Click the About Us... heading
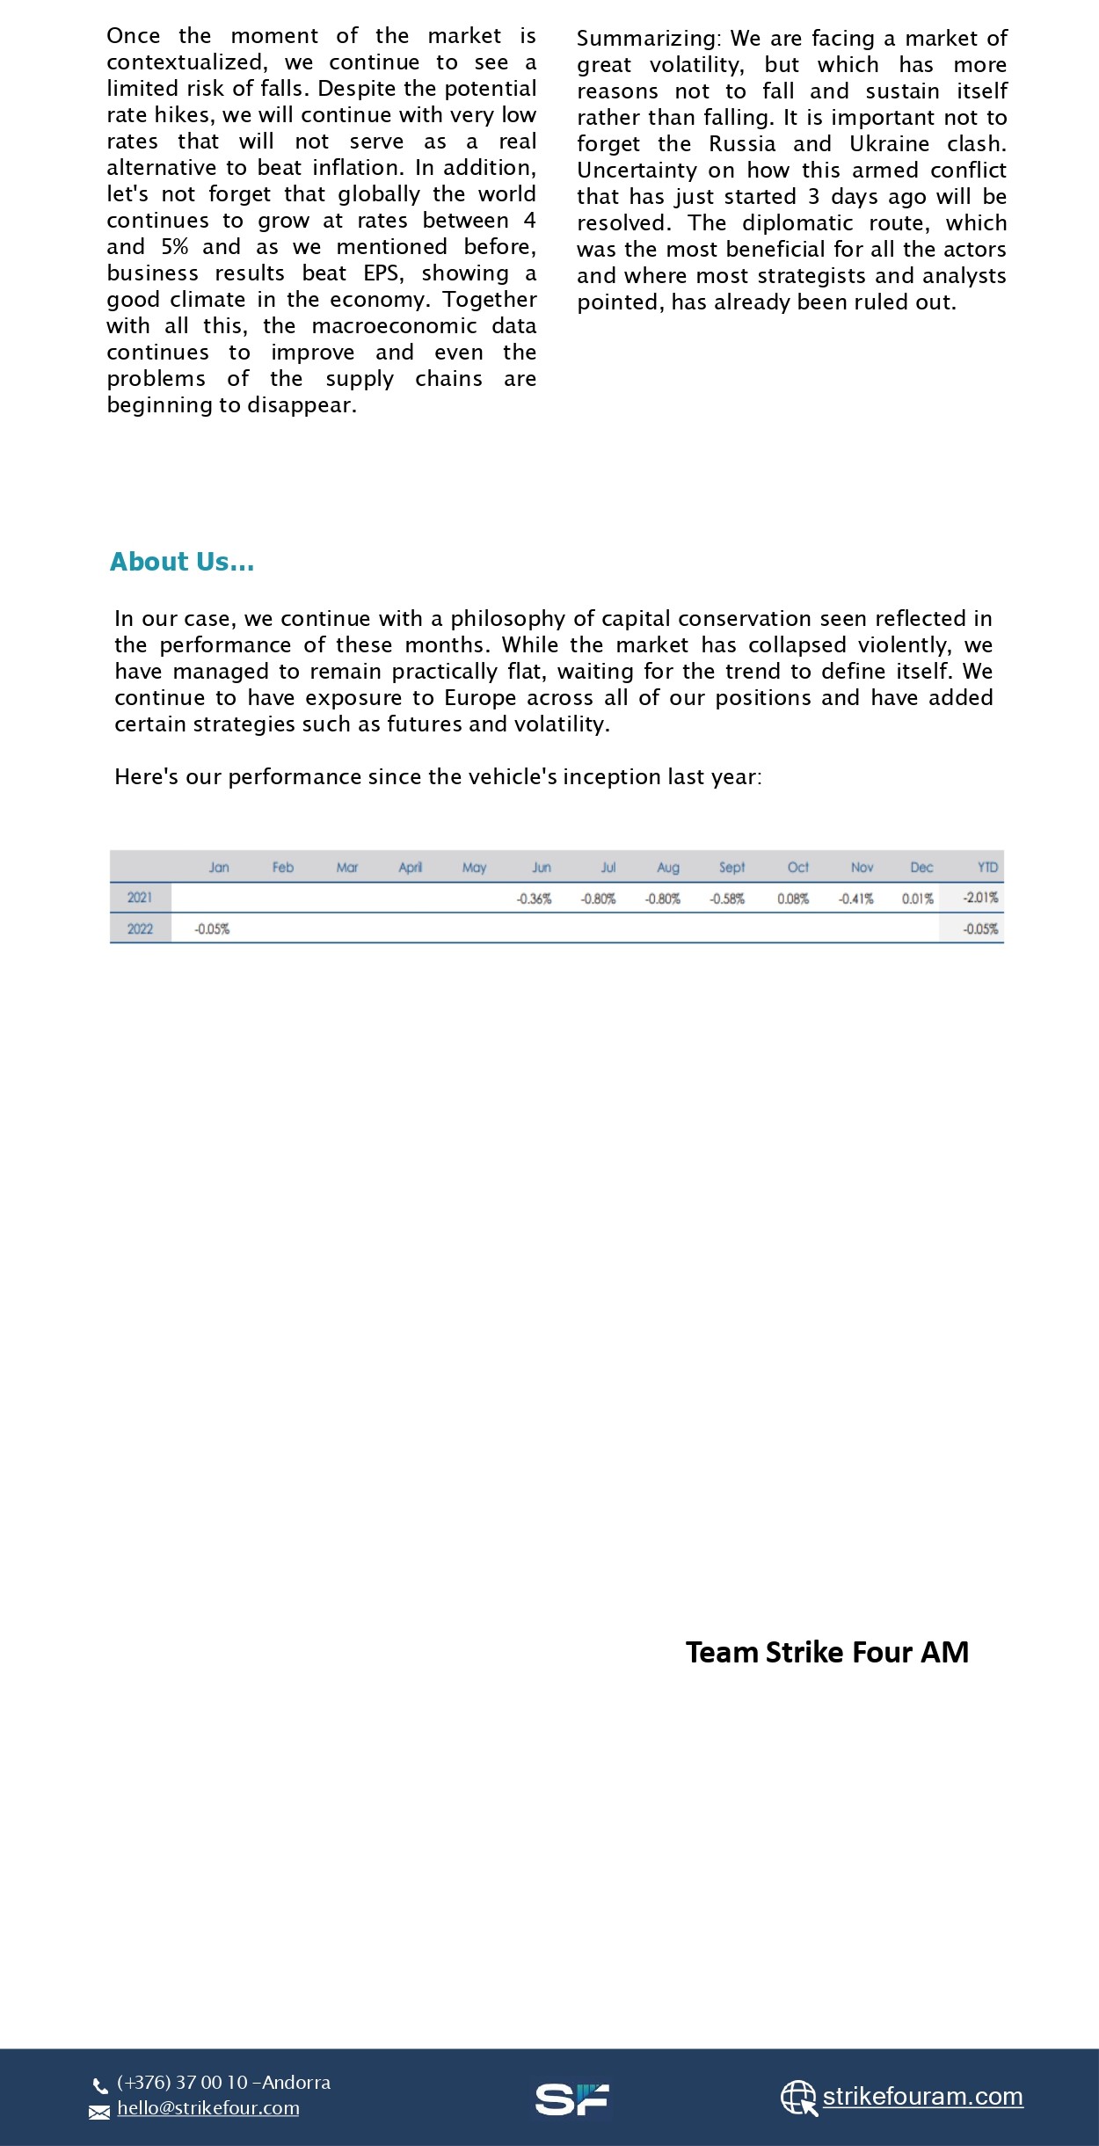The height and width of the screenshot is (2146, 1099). (182, 562)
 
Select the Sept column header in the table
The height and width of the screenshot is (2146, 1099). (731, 868)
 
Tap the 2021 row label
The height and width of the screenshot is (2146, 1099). (140, 898)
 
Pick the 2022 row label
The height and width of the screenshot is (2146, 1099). (140, 928)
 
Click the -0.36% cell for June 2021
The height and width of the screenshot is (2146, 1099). (534, 898)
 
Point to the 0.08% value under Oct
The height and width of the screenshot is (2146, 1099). (792, 898)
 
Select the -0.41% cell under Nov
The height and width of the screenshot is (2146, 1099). (855, 898)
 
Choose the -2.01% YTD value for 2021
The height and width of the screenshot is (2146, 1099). (980, 898)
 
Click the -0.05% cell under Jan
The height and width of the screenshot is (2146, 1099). (212, 929)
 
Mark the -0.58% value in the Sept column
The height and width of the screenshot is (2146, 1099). (727, 898)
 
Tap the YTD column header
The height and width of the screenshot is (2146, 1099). (987, 868)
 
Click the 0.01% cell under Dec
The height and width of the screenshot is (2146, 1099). (917, 898)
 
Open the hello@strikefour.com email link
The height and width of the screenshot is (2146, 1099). (208, 2107)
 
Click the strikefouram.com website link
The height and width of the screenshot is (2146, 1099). (922, 2096)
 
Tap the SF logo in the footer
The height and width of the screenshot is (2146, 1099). (571, 2099)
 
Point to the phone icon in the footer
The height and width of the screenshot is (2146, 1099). (100, 2085)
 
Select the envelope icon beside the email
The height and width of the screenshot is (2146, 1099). (99, 2112)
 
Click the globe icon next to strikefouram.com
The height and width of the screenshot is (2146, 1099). (798, 2098)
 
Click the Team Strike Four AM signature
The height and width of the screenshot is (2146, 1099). (826, 1652)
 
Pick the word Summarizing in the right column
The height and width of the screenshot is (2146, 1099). (648, 39)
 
